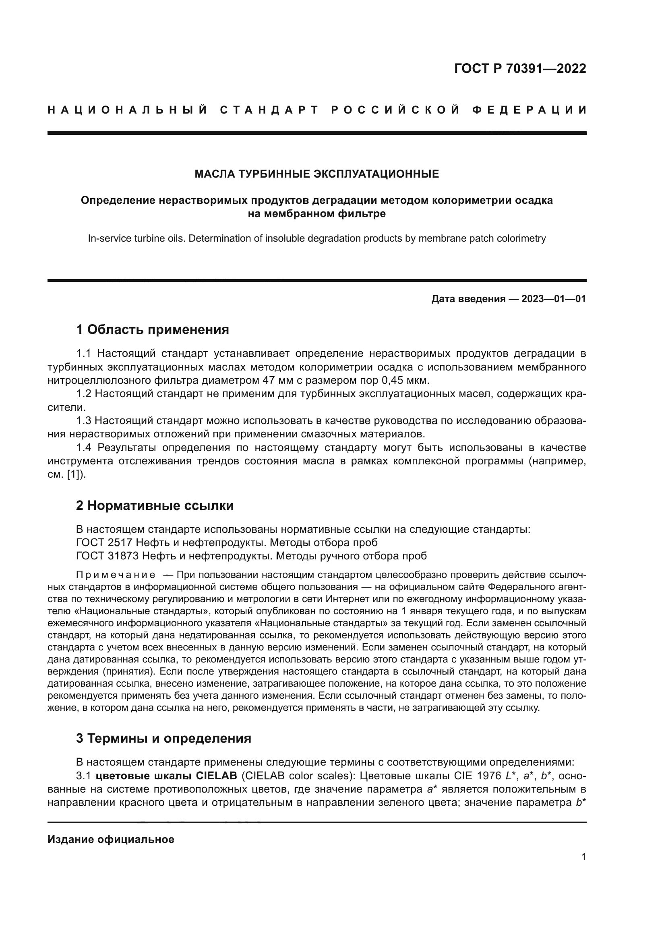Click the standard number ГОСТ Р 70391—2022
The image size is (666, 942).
[x=520, y=68]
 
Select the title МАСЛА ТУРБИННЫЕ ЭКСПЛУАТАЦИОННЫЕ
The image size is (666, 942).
[x=316, y=174]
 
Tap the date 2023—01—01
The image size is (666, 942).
[x=554, y=299]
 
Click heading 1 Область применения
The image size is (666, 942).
[x=153, y=329]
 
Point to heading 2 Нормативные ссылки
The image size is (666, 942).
[x=155, y=505]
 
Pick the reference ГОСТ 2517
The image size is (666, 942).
[x=104, y=542]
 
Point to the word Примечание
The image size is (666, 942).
[x=116, y=574]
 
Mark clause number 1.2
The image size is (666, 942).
[x=85, y=393]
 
